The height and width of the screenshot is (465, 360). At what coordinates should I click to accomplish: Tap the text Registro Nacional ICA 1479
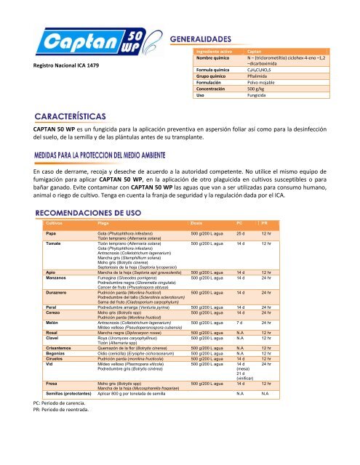click(59, 68)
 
